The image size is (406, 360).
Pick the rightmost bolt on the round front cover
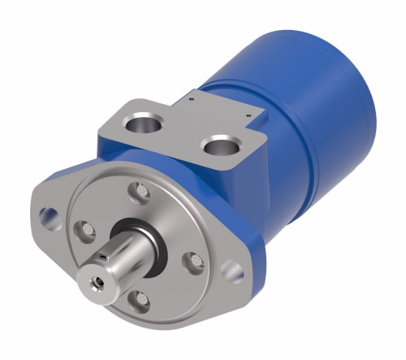pos(191,260)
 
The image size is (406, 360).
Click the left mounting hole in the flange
pos(50,216)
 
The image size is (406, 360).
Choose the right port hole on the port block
pos(219,148)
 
